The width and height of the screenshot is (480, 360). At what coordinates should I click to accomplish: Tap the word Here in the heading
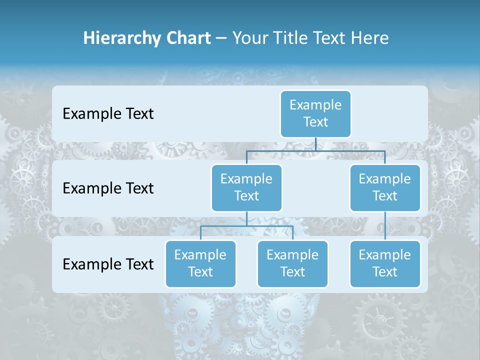[370, 38]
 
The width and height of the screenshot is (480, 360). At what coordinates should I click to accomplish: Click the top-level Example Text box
[315, 114]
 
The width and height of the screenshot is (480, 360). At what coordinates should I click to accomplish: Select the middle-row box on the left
[246, 188]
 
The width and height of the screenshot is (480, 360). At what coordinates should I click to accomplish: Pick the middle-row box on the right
[385, 188]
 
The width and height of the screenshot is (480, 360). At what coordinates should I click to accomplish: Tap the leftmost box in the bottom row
[200, 264]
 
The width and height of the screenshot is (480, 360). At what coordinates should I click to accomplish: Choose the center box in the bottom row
[292, 264]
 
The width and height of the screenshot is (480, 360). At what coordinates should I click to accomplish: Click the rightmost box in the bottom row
[385, 264]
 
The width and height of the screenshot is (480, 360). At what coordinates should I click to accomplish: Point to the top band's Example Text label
[108, 114]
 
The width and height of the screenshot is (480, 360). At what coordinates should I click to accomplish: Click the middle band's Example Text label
[108, 188]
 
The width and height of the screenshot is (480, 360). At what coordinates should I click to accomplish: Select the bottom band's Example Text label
[108, 264]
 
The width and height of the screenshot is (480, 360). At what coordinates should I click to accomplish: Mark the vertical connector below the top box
[315, 144]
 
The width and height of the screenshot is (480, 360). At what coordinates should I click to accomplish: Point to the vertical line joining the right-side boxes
[385, 226]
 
